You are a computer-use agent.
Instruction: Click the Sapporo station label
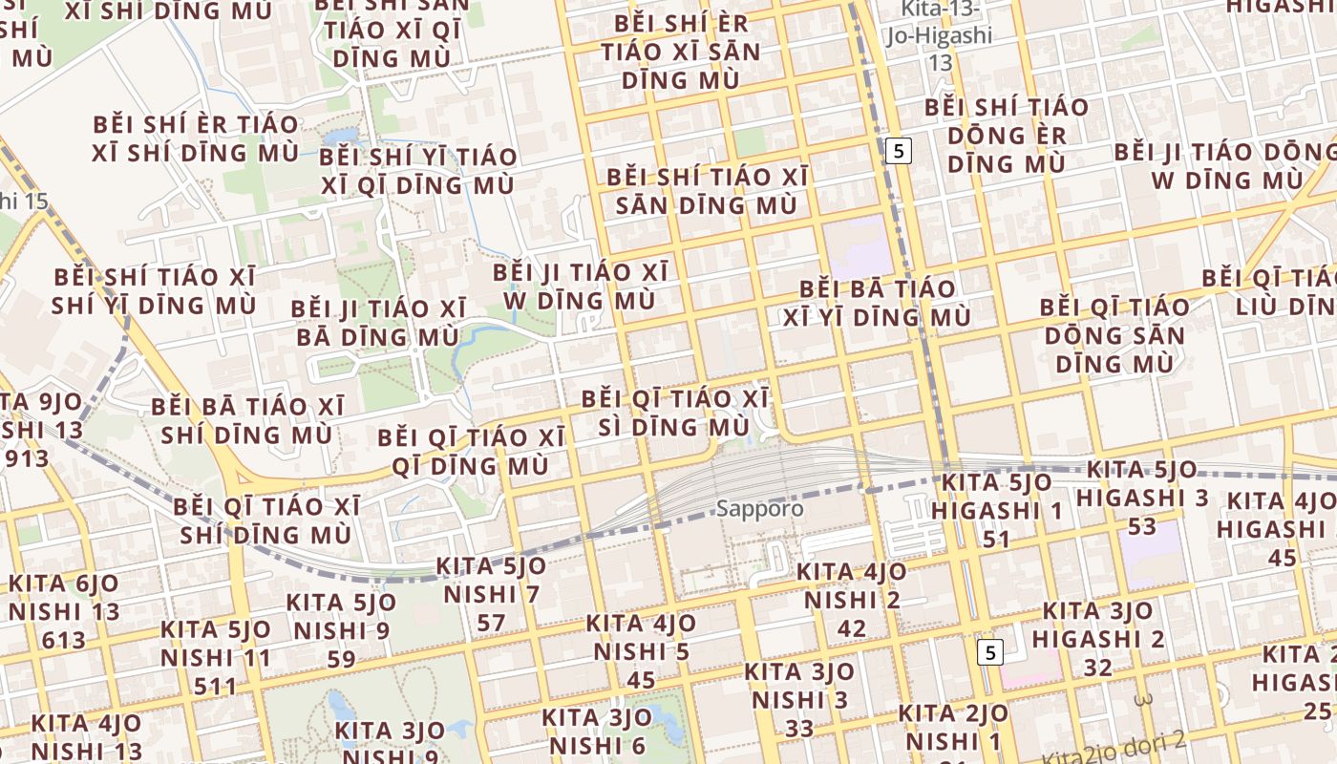point(759,508)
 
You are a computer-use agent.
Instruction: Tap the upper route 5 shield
point(898,150)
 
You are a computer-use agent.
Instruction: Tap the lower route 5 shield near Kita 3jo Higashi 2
point(990,652)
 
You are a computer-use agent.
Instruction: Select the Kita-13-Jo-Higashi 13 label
point(941,36)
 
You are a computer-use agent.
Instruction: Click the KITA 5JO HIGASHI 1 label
point(997,510)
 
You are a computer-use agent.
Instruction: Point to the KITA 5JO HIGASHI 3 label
point(1141,497)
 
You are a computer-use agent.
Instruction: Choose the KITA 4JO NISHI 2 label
point(852,600)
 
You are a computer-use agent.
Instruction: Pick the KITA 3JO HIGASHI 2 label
point(1098,638)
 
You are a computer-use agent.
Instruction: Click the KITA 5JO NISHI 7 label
point(492,594)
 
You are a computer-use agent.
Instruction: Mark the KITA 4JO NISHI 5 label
point(641,651)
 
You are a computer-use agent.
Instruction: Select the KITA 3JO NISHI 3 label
point(799,699)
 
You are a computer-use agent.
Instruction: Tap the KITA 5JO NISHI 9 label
point(341,630)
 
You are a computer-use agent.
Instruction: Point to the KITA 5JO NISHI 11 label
point(216,657)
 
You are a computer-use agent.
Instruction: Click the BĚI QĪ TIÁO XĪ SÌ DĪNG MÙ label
point(674,412)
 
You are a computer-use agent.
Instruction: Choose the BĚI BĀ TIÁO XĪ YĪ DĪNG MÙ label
point(878,303)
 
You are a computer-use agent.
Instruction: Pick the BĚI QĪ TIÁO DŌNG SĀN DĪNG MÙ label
point(1114,335)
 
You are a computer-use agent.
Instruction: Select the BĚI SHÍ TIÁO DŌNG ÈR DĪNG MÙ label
point(1006,135)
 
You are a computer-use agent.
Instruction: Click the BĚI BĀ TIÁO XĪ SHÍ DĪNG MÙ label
point(247,420)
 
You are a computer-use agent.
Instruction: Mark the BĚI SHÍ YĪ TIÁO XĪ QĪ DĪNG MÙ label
point(417,171)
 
